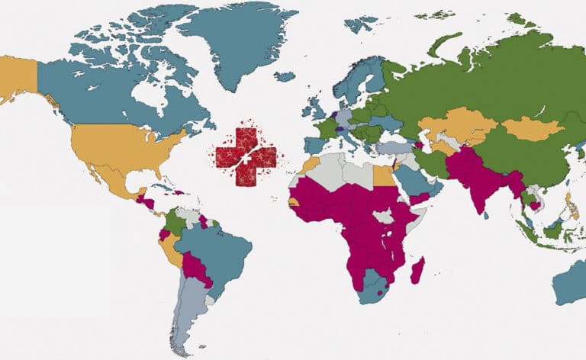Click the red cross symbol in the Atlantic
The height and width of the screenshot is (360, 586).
point(246,157)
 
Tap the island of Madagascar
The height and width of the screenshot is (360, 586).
point(417,269)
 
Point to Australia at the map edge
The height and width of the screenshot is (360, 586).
point(570,282)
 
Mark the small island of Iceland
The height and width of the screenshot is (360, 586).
point(285,76)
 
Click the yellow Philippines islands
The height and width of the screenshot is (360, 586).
point(568,204)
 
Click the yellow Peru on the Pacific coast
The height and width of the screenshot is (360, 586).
point(174,249)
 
